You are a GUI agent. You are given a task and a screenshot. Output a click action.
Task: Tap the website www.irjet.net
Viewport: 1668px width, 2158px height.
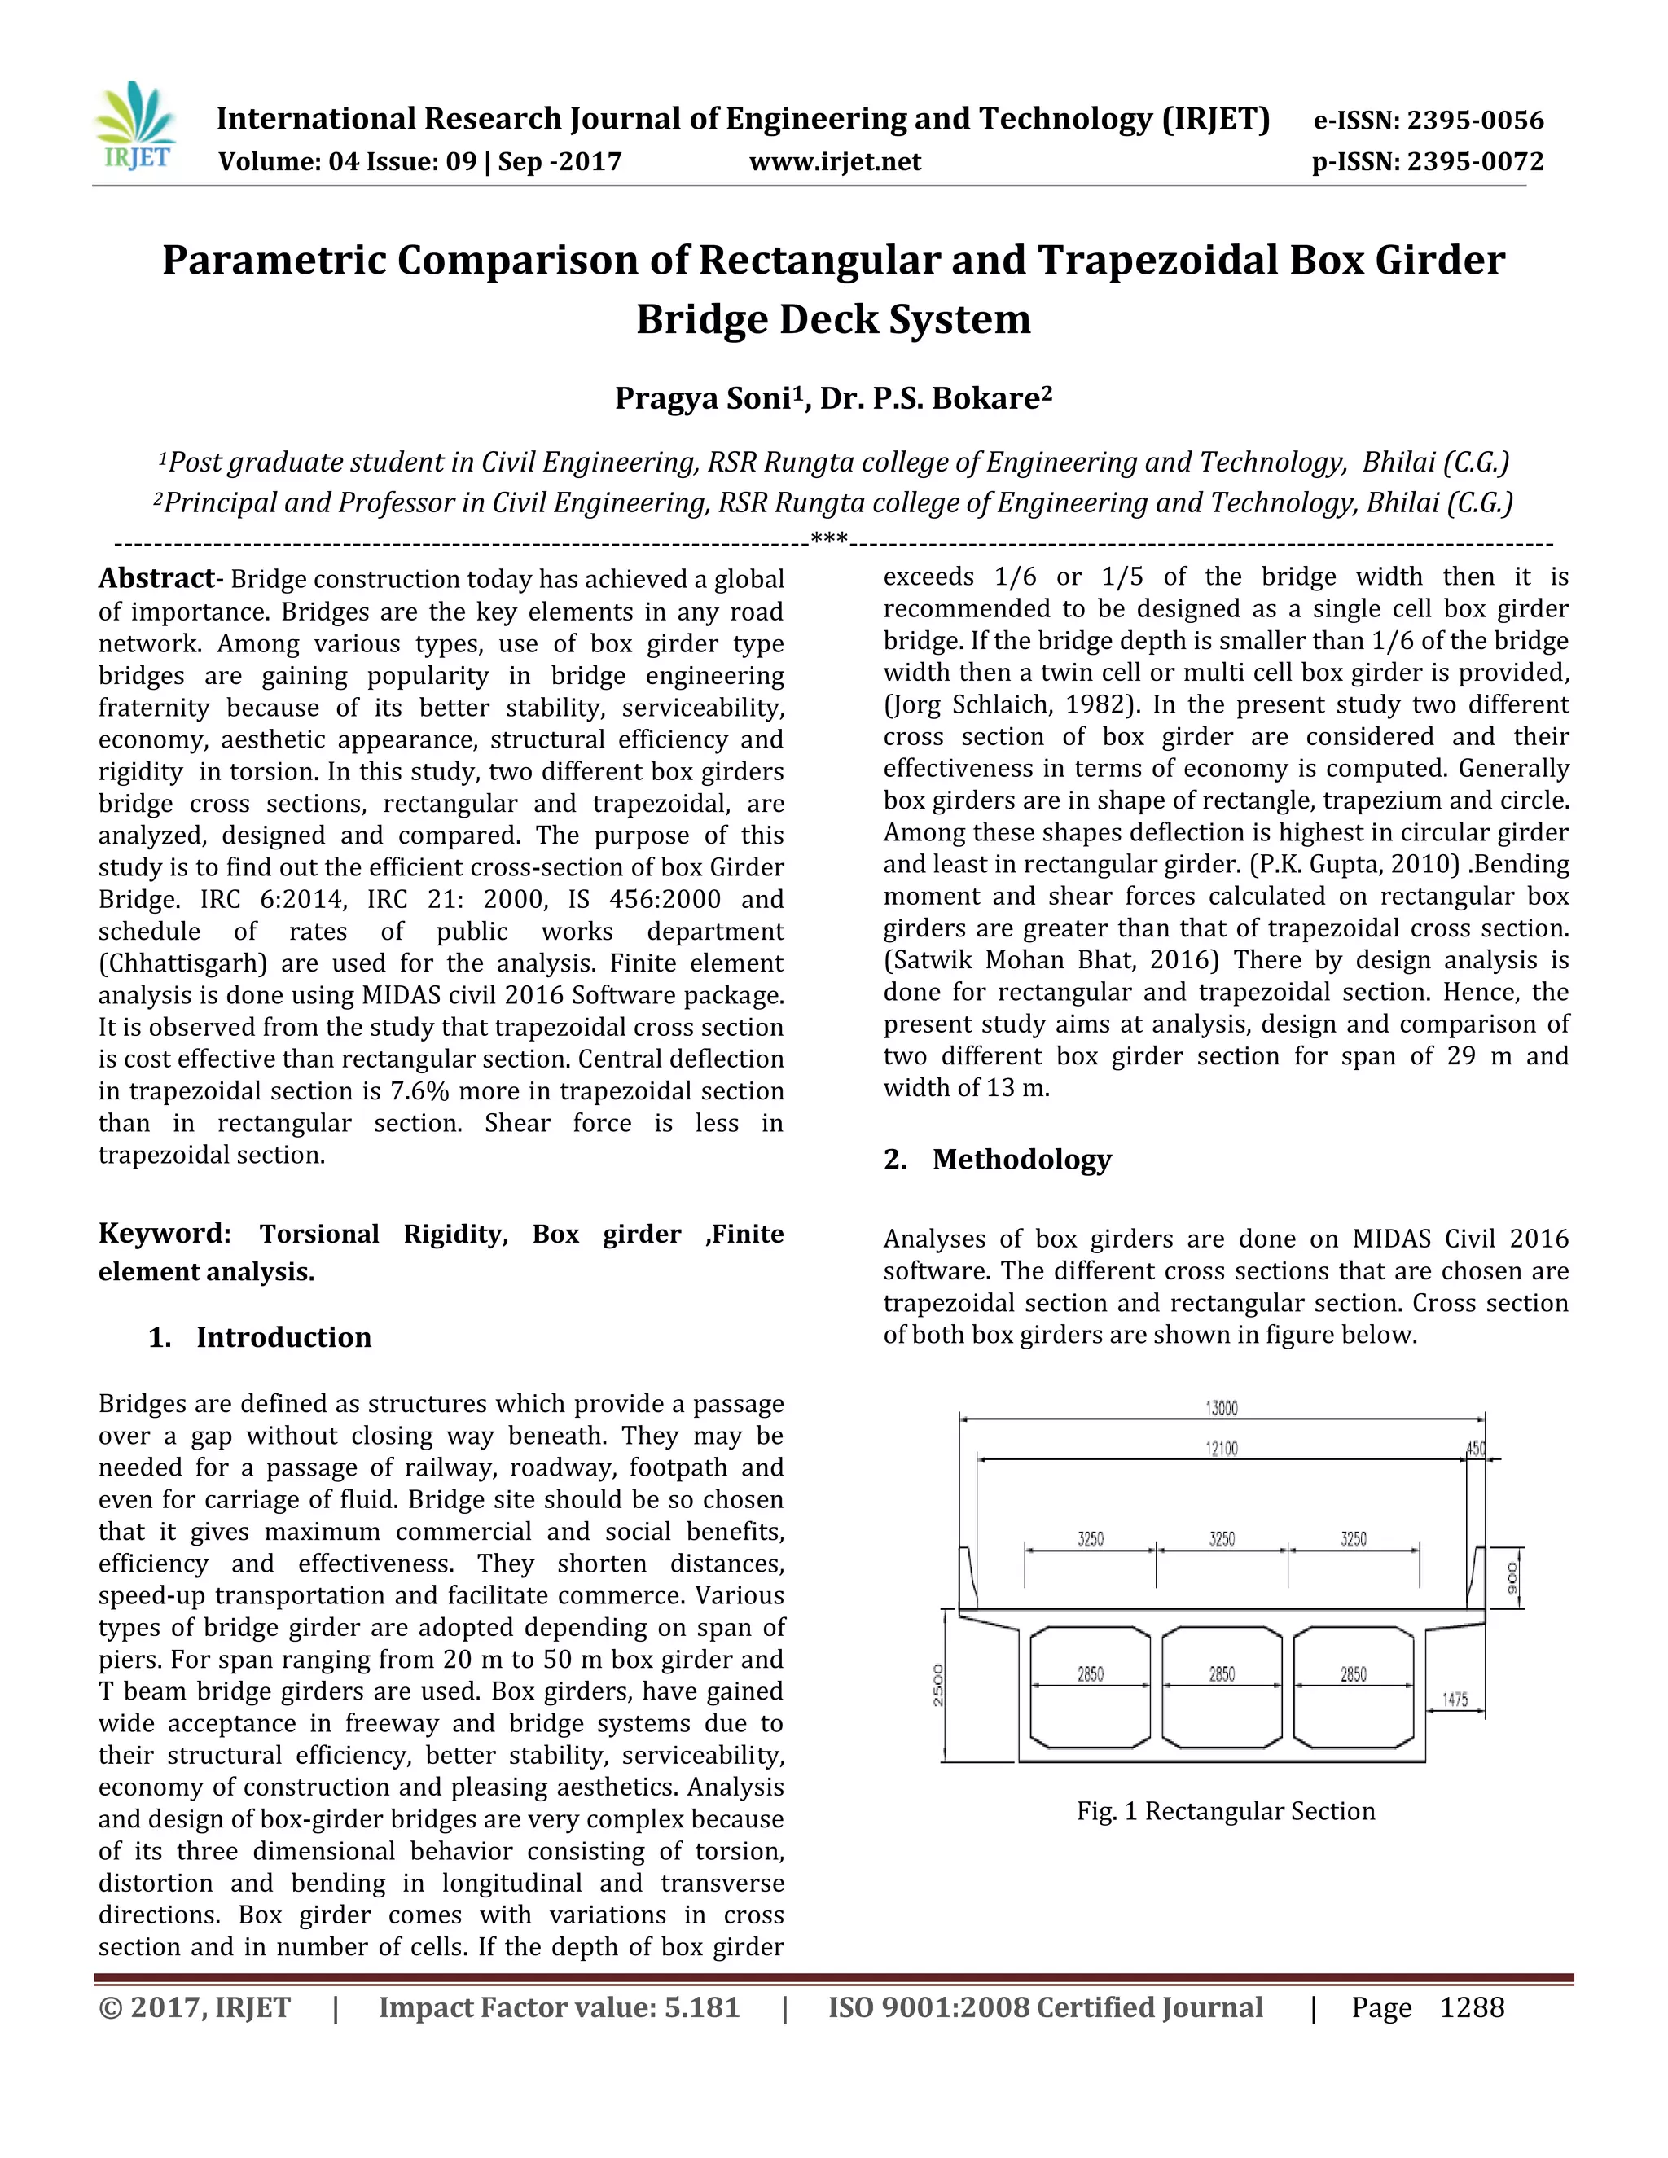point(835,162)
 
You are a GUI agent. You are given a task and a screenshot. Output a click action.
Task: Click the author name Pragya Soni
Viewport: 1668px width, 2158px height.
point(708,398)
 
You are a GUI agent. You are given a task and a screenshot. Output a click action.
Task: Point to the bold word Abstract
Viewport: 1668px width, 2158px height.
point(157,579)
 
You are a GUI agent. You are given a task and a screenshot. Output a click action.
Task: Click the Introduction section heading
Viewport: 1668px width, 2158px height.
point(283,1338)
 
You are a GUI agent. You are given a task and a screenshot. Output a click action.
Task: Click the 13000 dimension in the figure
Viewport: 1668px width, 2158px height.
point(1222,1408)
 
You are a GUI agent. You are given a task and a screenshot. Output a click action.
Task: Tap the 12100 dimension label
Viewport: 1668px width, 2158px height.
point(1222,1449)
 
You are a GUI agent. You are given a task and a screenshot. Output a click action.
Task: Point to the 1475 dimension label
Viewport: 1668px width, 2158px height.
point(1455,1700)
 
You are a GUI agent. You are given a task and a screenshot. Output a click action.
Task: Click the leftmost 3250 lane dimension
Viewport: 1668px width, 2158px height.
point(1090,1539)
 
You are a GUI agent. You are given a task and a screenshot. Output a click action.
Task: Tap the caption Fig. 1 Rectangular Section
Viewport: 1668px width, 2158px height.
point(1225,1811)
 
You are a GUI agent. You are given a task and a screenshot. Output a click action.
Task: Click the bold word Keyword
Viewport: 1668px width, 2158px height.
point(163,1234)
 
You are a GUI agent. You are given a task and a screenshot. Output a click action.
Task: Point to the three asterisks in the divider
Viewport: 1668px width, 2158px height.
point(829,539)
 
